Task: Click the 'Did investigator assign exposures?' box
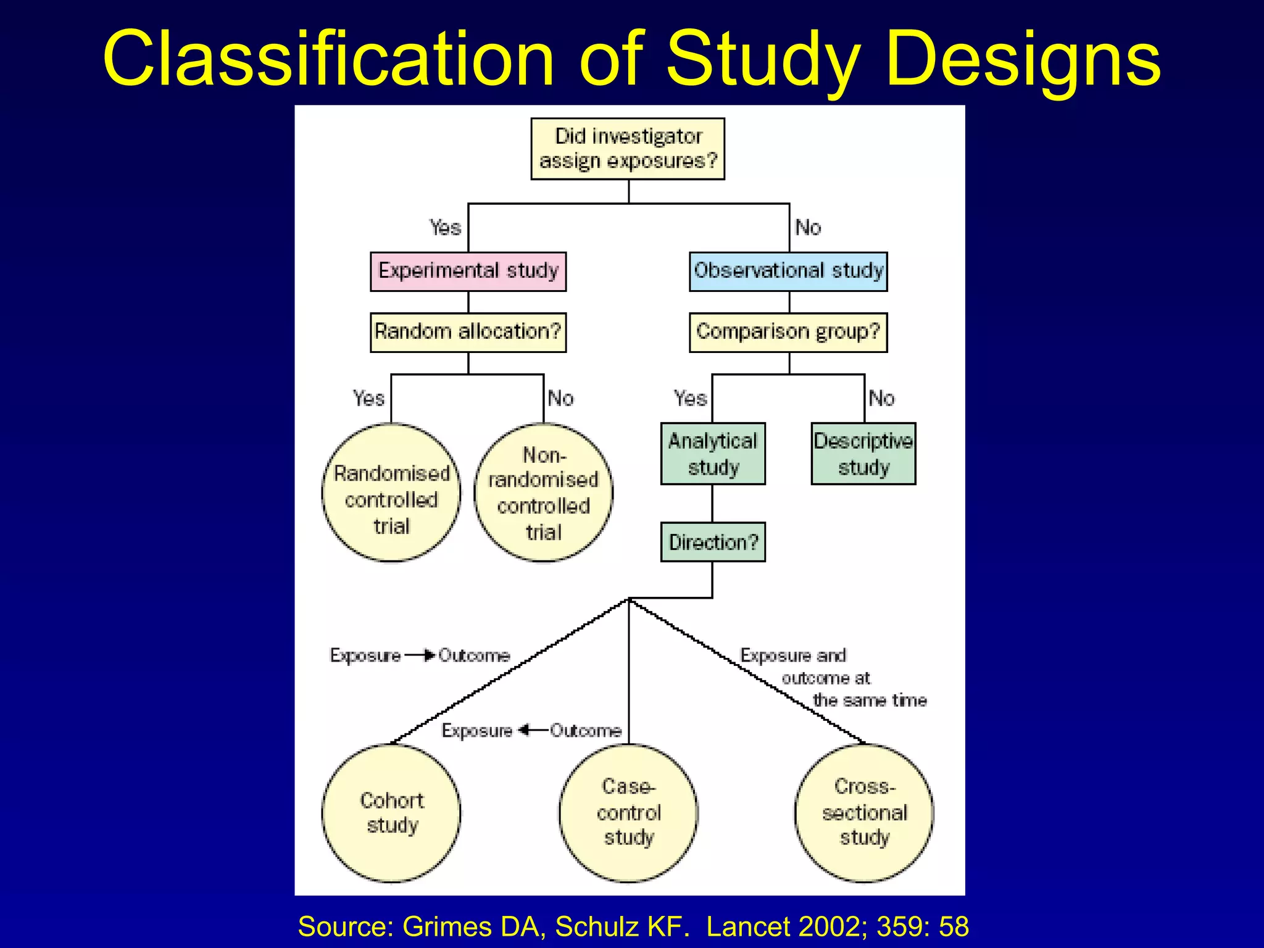click(x=628, y=149)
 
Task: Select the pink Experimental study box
click(x=468, y=271)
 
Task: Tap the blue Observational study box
click(x=788, y=271)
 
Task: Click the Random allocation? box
click(x=468, y=332)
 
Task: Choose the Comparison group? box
click(x=788, y=332)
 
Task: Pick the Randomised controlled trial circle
click(x=391, y=493)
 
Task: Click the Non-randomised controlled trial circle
click(x=543, y=493)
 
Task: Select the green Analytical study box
click(x=713, y=454)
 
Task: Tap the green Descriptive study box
click(x=863, y=454)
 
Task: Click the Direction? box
click(x=713, y=542)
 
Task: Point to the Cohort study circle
click(x=391, y=813)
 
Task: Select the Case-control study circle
click(x=628, y=813)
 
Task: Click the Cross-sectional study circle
click(x=864, y=813)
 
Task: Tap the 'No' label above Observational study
click(x=808, y=228)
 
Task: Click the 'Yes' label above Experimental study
click(x=445, y=228)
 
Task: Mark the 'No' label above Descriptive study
click(x=881, y=398)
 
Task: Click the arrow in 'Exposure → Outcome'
click(x=421, y=655)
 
